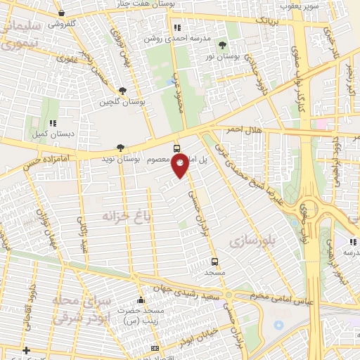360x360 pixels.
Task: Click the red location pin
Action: click(180, 165)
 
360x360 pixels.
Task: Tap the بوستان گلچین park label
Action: click(124, 102)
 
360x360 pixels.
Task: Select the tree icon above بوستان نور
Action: click(223, 45)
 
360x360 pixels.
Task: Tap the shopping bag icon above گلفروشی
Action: click(63, 13)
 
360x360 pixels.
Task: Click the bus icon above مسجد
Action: click(214, 262)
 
